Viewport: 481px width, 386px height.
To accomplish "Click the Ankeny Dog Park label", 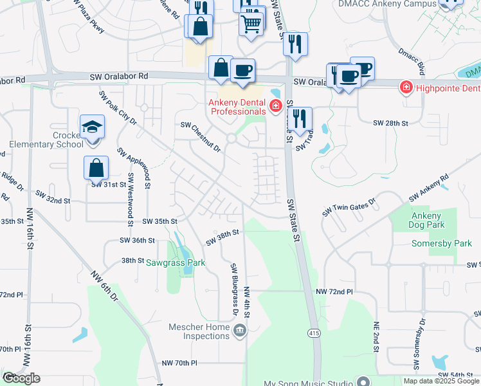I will (426, 220).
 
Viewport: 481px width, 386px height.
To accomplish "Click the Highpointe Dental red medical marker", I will (406, 87).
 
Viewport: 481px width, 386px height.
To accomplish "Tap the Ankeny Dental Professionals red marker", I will (275, 106).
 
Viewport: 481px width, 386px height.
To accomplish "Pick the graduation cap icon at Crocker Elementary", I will (92, 127).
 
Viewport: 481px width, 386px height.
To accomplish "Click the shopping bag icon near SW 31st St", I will (96, 168).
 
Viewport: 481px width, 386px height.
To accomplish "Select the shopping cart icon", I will (251, 24).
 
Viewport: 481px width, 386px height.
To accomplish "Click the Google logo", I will (21, 378).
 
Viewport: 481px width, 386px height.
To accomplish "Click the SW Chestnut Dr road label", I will (201, 136).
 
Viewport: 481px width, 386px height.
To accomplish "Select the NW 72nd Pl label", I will (334, 292).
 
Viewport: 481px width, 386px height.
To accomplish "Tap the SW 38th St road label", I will (222, 237).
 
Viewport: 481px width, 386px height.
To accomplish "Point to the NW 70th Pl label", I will (180, 363).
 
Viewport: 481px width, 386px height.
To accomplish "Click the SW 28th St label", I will (392, 123).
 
